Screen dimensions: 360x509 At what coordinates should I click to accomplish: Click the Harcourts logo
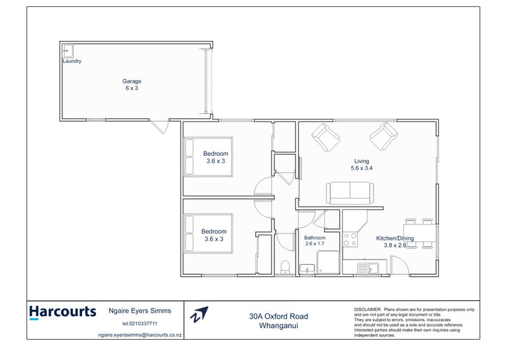pos(62,312)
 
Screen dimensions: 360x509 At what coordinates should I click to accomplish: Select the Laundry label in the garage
pos(71,61)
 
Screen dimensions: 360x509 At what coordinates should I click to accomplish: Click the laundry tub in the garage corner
pos(67,50)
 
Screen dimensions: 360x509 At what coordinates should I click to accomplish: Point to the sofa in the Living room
pos(350,191)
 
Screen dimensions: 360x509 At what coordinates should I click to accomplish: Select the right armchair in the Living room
pos(384,136)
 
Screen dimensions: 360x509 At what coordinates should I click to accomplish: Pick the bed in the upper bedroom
pos(190,157)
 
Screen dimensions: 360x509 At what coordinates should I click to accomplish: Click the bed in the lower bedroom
pos(190,235)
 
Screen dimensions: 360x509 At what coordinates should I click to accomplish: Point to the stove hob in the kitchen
pos(350,239)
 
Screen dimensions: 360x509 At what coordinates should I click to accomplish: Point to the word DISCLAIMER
pos(368,308)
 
